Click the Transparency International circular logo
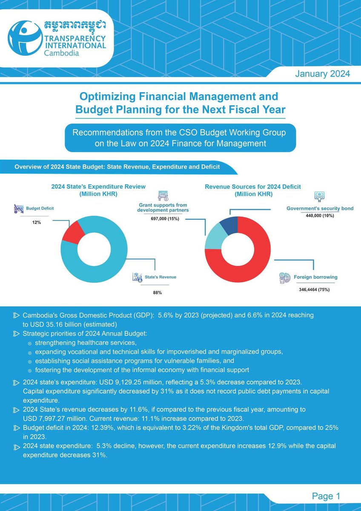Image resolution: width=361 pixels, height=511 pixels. [x=26, y=38]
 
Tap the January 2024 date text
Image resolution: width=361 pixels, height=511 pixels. [x=322, y=74]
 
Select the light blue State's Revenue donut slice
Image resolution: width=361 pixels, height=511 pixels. [x=102, y=273]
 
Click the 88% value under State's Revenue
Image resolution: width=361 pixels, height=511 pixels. [x=158, y=293]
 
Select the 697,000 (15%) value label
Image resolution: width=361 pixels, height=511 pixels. [x=163, y=218]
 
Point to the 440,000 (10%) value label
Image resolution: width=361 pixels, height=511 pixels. [x=320, y=216]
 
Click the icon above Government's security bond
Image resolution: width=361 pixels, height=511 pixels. [x=319, y=196]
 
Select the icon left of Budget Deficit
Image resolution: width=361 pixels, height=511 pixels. [x=18, y=209]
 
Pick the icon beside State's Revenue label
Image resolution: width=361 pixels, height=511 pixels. [x=137, y=277]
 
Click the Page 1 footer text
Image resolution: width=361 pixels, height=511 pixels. [x=326, y=496]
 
